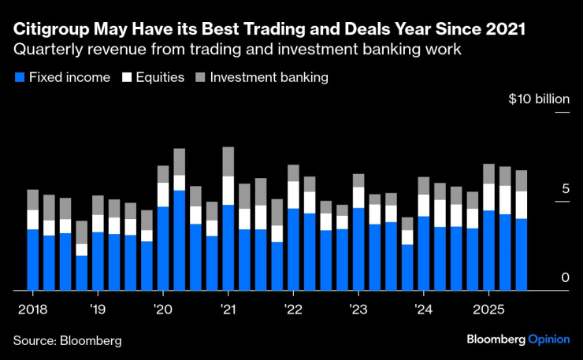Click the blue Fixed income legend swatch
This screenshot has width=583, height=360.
coord(19,78)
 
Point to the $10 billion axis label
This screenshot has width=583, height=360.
coord(538,99)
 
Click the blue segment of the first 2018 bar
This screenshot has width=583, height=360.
coord(32,259)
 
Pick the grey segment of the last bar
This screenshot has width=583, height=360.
coord(521,180)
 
